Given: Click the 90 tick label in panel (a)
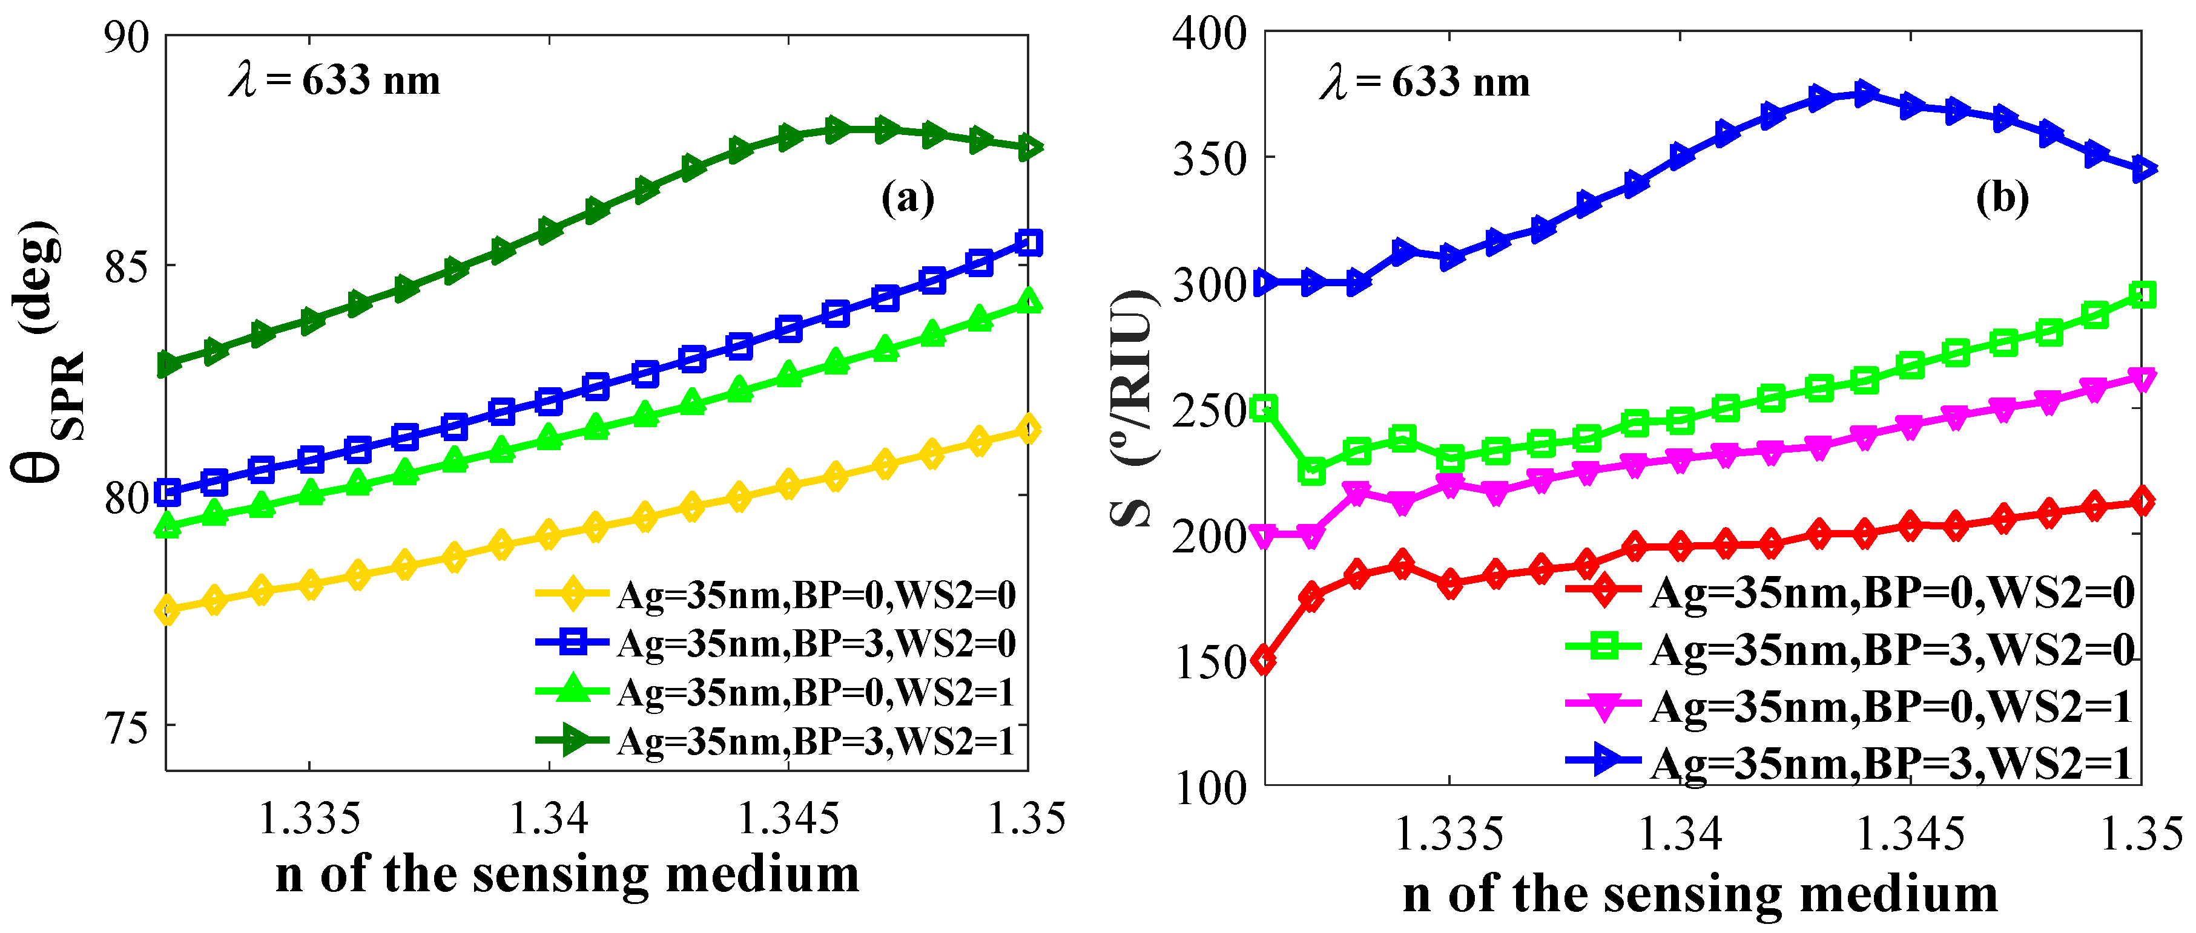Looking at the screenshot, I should (126, 38).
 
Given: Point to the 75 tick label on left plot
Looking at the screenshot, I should (126, 729).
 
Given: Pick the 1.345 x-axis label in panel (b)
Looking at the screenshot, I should (1910, 833).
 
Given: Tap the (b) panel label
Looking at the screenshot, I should (2002, 198).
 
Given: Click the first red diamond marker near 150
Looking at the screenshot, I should (1264, 660).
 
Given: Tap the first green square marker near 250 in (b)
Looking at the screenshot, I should (1264, 408).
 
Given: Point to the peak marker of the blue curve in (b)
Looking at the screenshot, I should (1864, 93).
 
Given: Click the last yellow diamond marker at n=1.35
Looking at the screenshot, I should (1029, 430).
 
